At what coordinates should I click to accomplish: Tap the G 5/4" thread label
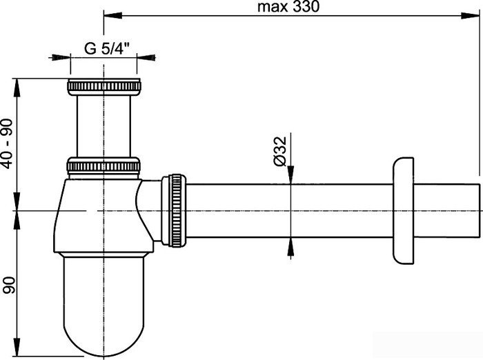(x=108, y=48)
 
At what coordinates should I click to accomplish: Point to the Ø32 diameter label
(x=279, y=151)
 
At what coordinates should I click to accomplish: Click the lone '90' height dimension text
(x=8, y=283)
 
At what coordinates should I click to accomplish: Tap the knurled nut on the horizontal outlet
(x=175, y=209)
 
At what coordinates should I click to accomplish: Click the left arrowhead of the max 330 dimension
(x=108, y=14)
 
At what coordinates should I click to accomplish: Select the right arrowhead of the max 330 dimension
(x=476, y=14)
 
